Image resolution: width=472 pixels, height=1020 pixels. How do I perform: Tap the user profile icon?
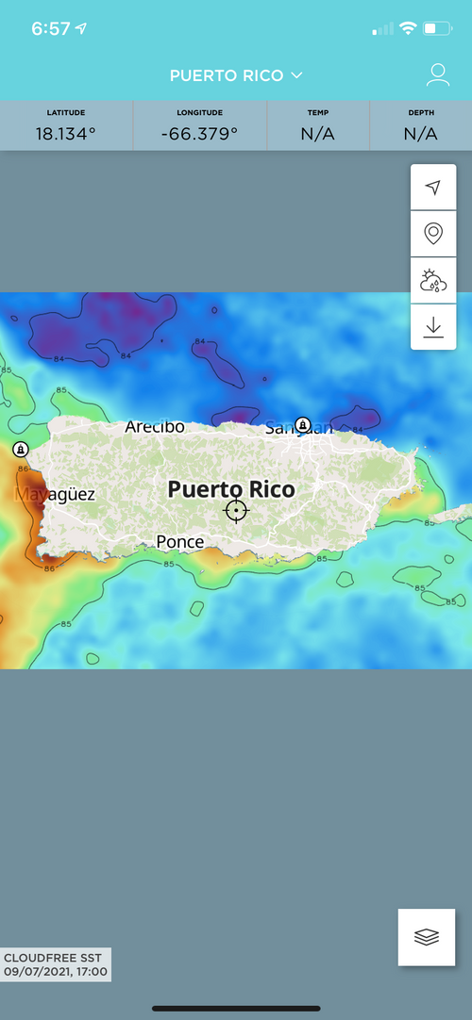(437, 75)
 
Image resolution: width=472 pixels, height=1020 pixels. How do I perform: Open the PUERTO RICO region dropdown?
(236, 75)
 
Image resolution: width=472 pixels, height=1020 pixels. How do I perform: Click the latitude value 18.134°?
(66, 134)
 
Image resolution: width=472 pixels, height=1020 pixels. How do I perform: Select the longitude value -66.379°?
(200, 134)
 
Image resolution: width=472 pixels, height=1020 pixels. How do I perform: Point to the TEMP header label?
(318, 113)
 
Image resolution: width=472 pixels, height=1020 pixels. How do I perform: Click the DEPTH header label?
(421, 113)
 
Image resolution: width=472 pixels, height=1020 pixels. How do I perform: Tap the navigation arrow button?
(433, 188)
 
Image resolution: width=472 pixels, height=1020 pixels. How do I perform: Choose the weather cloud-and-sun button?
(433, 280)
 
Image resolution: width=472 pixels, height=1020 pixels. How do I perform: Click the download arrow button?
(433, 326)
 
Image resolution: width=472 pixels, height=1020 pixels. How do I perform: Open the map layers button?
(427, 937)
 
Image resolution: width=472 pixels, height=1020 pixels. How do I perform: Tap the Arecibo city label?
(155, 427)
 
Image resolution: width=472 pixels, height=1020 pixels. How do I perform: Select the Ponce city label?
(180, 542)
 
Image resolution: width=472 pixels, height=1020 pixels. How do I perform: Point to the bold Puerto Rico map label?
(231, 489)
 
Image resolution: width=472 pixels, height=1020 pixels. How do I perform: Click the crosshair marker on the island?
(236, 511)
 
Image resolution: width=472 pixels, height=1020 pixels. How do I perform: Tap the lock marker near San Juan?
(302, 425)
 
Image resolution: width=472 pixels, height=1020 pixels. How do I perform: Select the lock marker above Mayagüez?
(21, 450)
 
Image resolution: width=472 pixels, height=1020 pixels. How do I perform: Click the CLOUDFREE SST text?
(52, 958)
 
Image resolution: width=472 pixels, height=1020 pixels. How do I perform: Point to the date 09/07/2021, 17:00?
(56, 972)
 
